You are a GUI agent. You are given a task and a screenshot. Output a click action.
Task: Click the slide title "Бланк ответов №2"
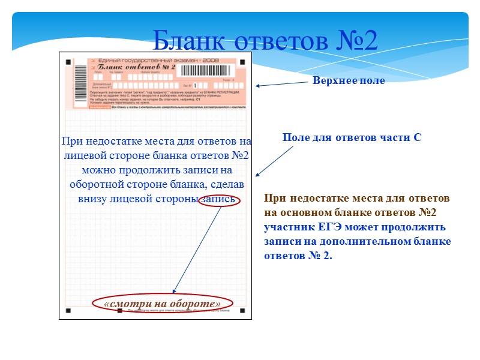click(x=265, y=40)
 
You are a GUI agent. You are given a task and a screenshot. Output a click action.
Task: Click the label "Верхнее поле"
click(x=349, y=81)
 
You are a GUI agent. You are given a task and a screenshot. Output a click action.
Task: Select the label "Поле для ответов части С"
click(x=352, y=137)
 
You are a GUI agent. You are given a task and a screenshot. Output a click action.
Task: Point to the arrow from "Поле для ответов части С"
click(x=274, y=161)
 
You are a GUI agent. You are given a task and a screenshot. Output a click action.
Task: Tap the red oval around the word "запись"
click(x=220, y=200)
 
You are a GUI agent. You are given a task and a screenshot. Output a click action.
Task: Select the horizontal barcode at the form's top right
click(x=206, y=69)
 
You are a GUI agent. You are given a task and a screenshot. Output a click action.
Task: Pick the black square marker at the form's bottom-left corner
click(x=68, y=311)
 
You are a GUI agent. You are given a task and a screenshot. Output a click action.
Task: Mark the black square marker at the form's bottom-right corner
click(x=242, y=311)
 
